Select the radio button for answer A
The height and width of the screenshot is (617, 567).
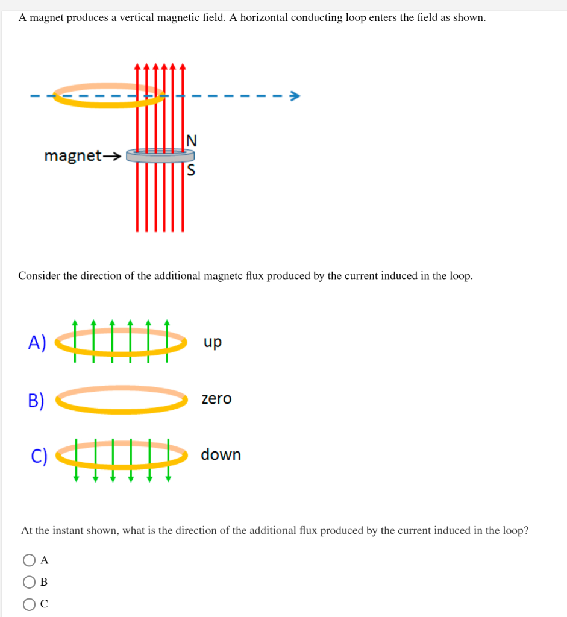[x=29, y=560]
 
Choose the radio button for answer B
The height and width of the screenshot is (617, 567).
[x=29, y=582]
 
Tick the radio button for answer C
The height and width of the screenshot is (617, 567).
[x=29, y=604]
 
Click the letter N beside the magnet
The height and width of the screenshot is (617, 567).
[x=191, y=141]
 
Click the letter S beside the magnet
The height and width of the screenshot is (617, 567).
[x=191, y=171]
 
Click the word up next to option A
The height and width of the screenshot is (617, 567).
[x=212, y=342]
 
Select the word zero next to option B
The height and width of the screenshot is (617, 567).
[x=216, y=399]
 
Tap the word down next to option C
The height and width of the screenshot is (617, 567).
[x=221, y=454]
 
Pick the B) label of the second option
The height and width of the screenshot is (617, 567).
[x=37, y=400]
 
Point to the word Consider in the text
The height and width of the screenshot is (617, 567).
[x=39, y=276]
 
